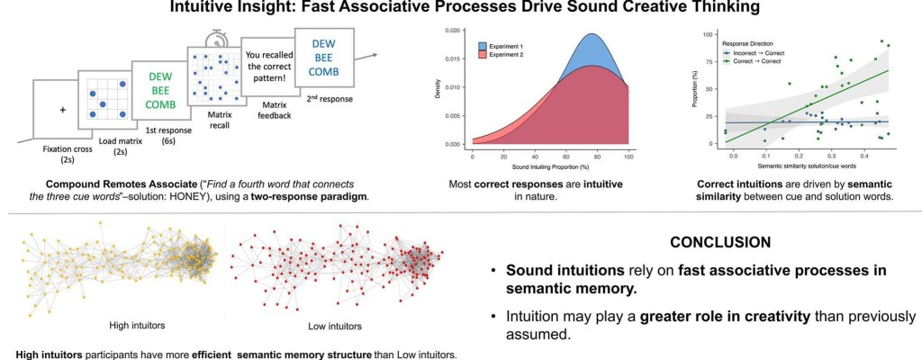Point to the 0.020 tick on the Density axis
[457, 31]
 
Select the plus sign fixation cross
[63, 111]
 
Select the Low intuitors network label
[334, 326]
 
